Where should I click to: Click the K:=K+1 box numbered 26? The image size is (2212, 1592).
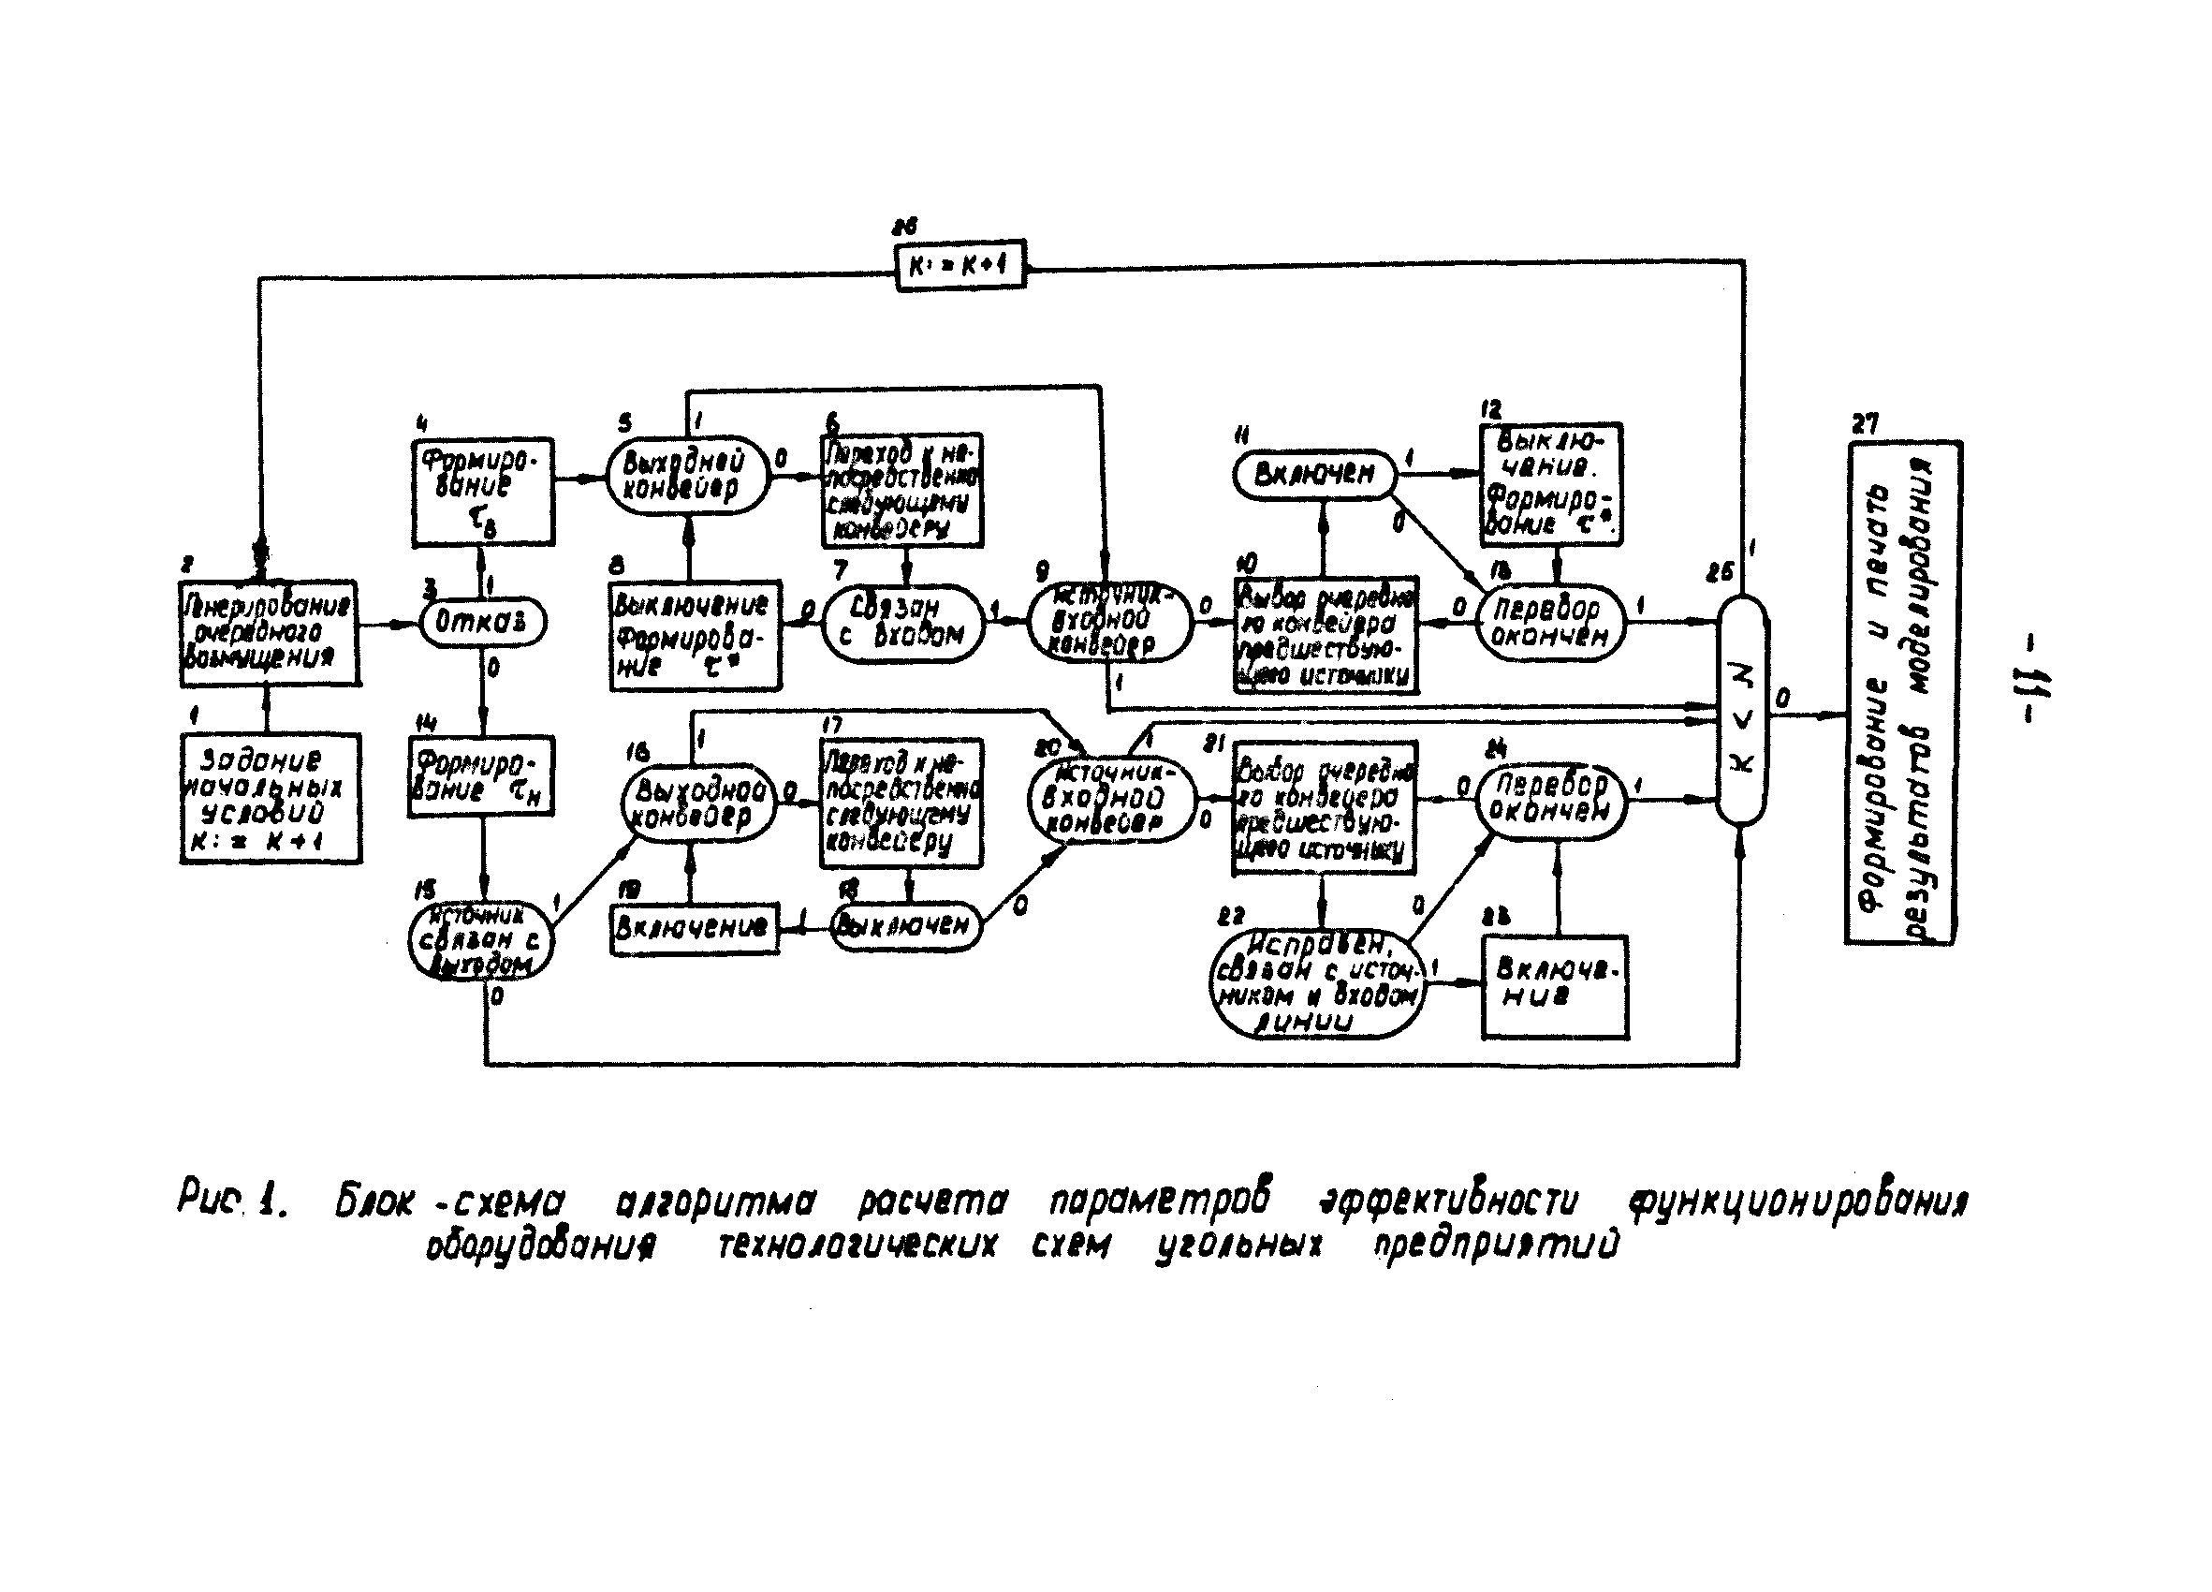tap(960, 264)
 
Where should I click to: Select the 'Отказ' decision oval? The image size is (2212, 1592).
tap(483, 622)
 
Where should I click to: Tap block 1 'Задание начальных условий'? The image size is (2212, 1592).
tap(271, 799)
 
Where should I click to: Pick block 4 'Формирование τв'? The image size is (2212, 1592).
tap(483, 492)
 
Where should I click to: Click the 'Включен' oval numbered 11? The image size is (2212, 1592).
tap(1313, 475)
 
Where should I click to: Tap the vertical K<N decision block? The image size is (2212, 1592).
tap(1741, 710)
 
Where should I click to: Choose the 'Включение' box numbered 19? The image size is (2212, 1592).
tap(694, 928)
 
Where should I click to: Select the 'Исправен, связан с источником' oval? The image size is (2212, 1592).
tap(1317, 983)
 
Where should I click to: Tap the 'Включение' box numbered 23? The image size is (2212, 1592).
tap(1555, 986)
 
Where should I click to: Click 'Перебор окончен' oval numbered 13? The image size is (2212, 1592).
tap(1550, 624)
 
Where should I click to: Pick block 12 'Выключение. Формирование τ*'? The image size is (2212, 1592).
tap(1551, 484)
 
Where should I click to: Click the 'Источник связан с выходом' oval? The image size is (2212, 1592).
tap(480, 940)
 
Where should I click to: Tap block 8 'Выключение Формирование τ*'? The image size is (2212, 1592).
tap(695, 635)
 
